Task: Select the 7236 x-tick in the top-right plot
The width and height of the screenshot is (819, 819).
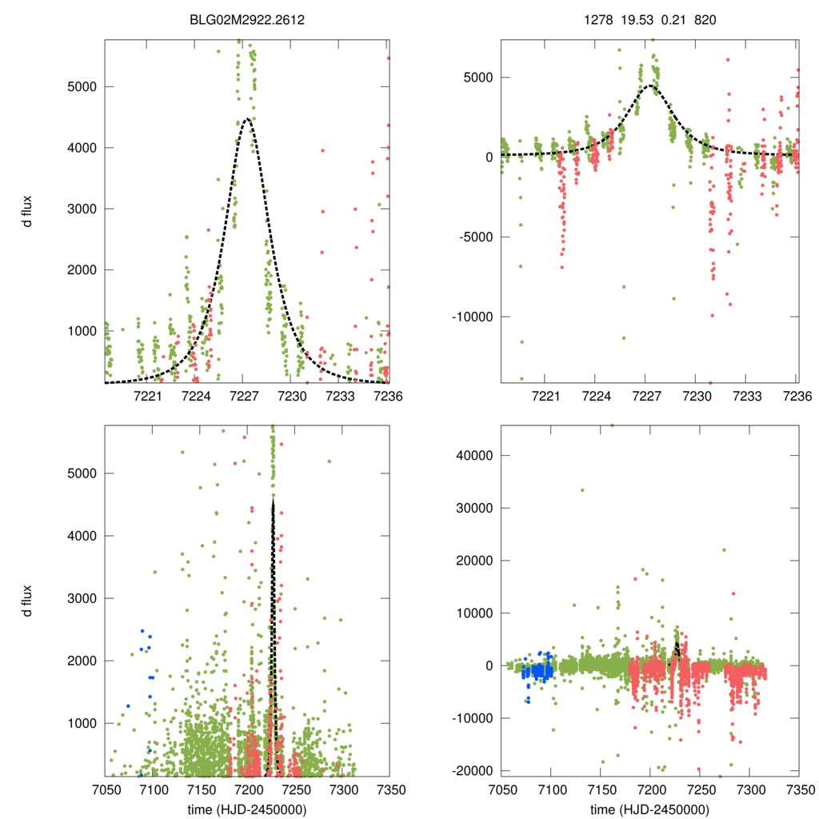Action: click(x=796, y=396)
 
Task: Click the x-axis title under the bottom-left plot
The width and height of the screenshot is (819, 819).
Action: click(x=247, y=808)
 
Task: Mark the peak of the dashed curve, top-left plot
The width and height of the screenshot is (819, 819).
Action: click(x=246, y=119)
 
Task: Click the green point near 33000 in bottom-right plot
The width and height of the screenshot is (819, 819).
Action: click(x=582, y=490)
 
